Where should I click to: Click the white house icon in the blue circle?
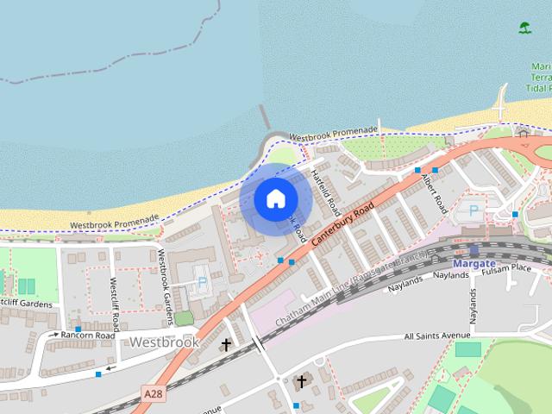[275, 198]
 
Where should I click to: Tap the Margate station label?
[474, 263]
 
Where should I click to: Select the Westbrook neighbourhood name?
[164, 342]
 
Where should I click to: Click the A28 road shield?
[153, 393]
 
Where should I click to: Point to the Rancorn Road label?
[88, 335]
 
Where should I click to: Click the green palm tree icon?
[525, 28]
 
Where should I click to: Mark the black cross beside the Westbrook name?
[226, 345]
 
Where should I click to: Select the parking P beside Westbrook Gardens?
[203, 282]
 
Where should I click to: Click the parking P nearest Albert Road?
[473, 210]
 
